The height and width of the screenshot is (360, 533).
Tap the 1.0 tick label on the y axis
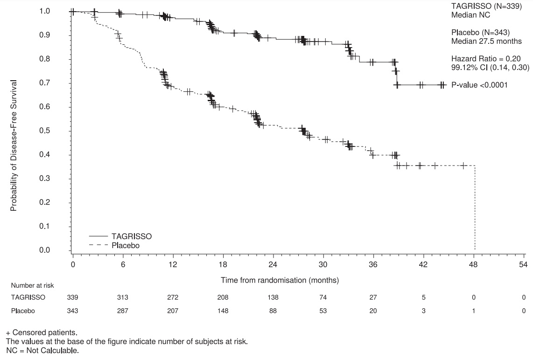pyautogui.click(x=44, y=11)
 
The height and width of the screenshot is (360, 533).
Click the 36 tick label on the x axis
pyautogui.click(x=373, y=264)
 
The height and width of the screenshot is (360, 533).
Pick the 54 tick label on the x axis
pyautogui.click(x=524, y=264)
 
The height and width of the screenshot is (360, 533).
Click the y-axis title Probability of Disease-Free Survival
pyautogui.click(x=13, y=145)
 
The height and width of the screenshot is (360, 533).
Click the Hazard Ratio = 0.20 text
pyautogui.click(x=486, y=59)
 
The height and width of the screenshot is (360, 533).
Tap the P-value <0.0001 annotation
pyautogui.click(x=479, y=85)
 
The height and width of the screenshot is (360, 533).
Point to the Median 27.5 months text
pyautogui.click(x=486, y=41)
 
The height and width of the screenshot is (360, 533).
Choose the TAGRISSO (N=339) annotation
pyautogui.click(x=486, y=6)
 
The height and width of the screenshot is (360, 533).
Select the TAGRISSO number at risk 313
pyautogui.click(x=123, y=297)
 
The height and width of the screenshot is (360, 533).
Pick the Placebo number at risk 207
pyautogui.click(x=173, y=311)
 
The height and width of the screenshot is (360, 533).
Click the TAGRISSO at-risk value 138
pyautogui.click(x=273, y=297)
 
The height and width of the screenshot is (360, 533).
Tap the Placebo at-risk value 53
pyautogui.click(x=323, y=311)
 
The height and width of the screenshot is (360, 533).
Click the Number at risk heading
pyautogui.click(x=32, y=286)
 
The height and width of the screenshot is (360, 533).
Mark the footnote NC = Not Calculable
pyautogui.click(x=42, y=350)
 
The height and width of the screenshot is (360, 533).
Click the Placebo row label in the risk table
pyautogui.click(x=23, y=311)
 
